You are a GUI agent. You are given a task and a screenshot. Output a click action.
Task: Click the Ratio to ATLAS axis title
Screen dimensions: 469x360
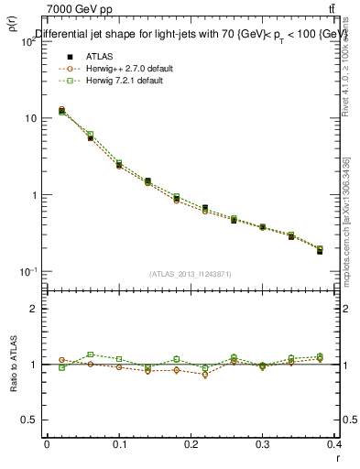coord(14,364)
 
